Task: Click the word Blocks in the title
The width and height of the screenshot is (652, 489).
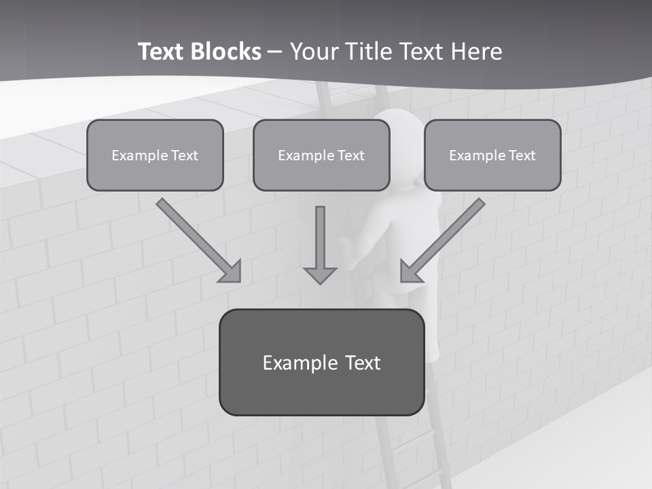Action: [x=227, y=52]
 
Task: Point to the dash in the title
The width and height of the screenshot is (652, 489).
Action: [x=275, y=52]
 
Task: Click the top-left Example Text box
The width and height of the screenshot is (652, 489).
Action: [x=155, y=155]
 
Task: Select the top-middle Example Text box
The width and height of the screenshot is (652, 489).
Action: [x=321, y=155]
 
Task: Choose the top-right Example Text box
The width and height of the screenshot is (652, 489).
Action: [x=492, y=155]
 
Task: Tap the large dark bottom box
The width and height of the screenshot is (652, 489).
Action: [x=321, y=362]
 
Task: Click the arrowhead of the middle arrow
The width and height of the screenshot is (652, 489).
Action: [x=320, y=275]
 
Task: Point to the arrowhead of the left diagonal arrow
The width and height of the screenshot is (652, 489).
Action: [x=231, y=272]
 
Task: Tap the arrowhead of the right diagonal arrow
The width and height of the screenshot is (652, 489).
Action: [x=410, y=272]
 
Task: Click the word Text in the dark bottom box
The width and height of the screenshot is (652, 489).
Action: [x=362, y=363]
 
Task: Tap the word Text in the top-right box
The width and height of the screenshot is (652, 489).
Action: [x=522, y=156]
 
